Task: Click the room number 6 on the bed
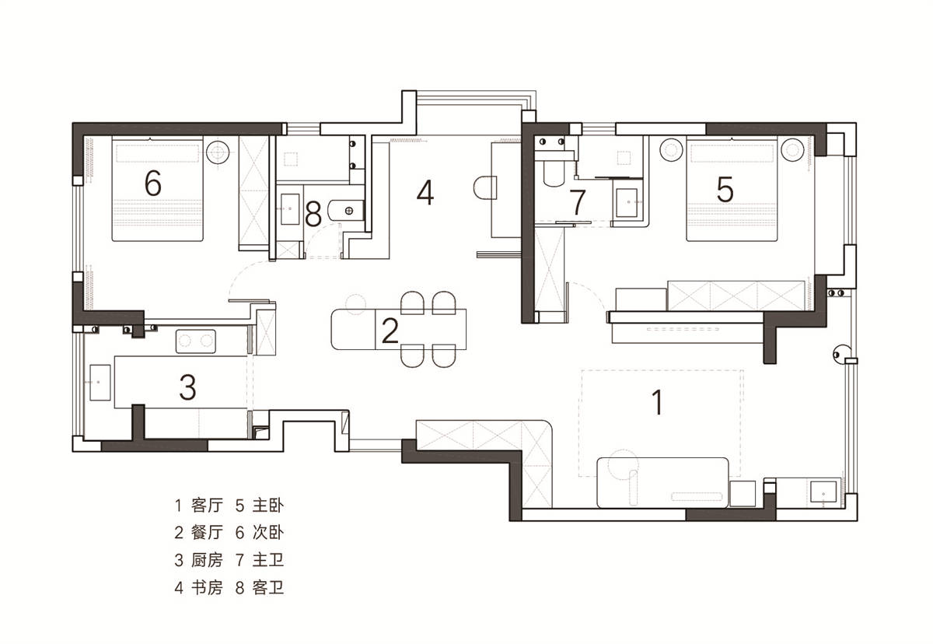(x=153, y=184)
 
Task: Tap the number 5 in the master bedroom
(x=725, y=189)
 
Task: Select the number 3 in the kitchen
(x=187, y=387)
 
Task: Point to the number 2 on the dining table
(x=390, y=331)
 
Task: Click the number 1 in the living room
(x=657, y=402)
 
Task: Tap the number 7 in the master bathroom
(x=578, y=202)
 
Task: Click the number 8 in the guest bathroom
(x=313, y=214)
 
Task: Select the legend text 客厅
(x=208, y=506)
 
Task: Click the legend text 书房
(x=208, y=588)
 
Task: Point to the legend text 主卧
(x=268, y=506)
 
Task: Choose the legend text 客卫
(x=268, y=588)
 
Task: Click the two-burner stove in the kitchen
(x=196, y=341)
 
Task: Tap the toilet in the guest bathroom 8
(x=346, y=211)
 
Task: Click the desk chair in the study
(x=485, y=188)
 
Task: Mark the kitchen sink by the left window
(x=100, y=383)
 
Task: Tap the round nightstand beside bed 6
(x=218, y=152)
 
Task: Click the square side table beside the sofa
(x=743, y=494)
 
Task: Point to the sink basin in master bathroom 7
(x=627, y=203)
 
